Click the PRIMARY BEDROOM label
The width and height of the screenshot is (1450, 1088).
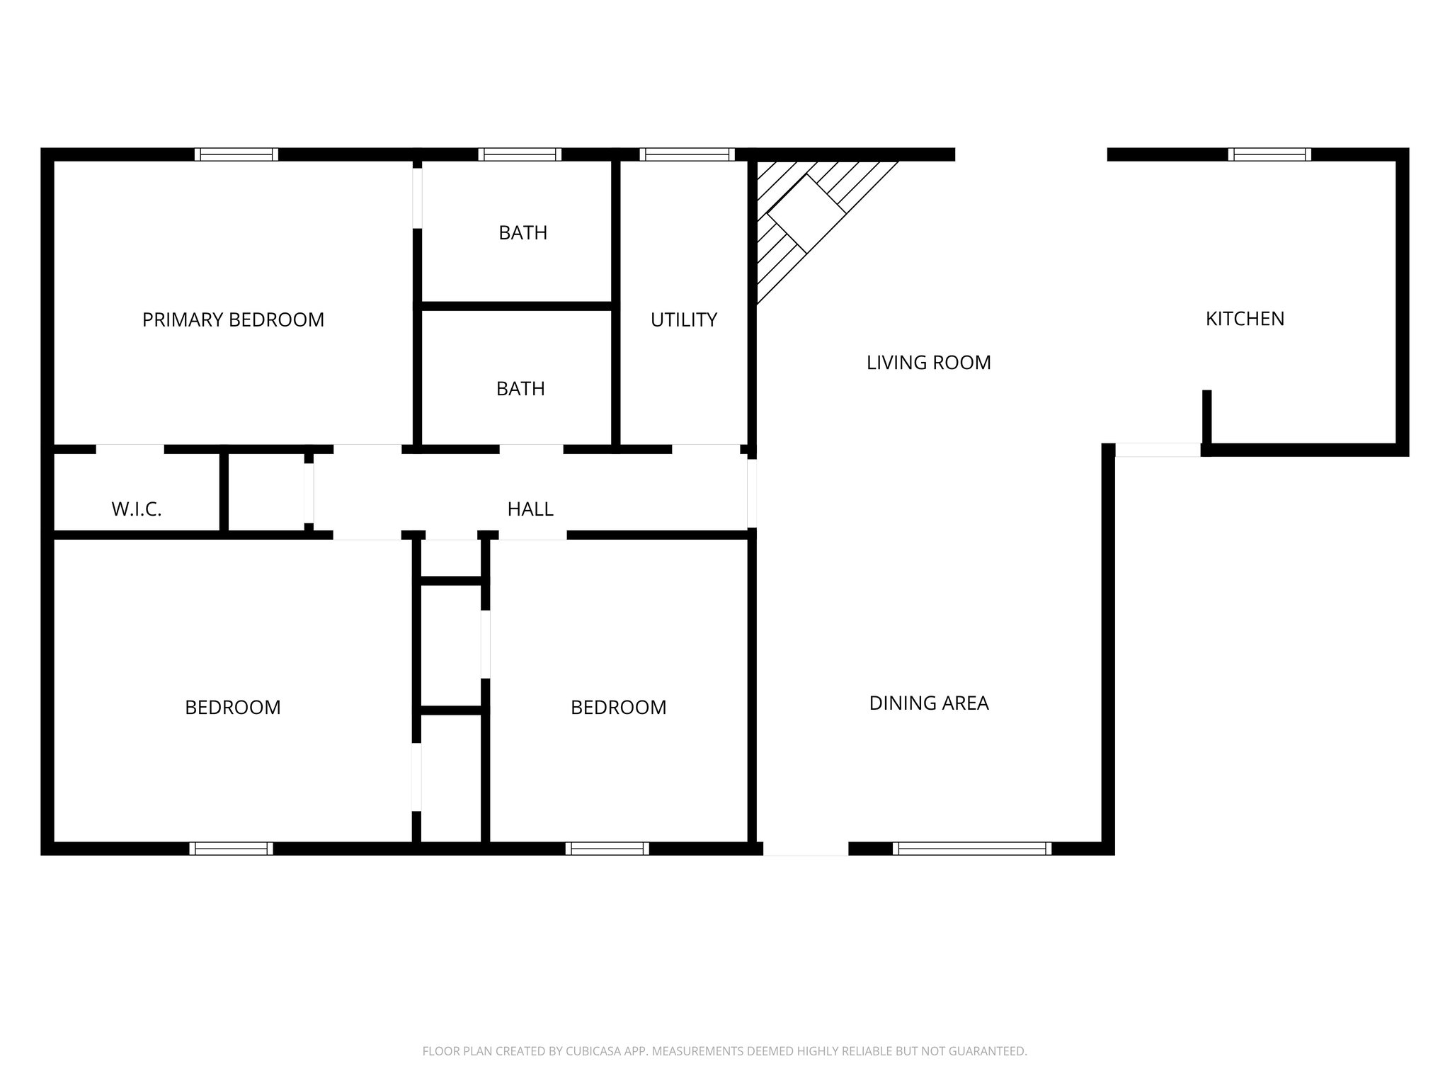[x=233, y=320]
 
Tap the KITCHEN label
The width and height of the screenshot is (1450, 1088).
[x=1245, y=319]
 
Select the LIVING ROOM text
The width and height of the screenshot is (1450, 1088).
[x=928, y=363]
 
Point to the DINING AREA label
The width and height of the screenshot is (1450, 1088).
[x=928, y=703]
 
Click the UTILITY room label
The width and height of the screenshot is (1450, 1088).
[x=683, y=320]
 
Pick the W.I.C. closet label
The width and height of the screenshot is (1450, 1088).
[x=137, y=509]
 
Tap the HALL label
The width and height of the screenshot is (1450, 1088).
[x=530, y=509]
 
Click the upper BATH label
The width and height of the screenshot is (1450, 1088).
[x=523, y=233]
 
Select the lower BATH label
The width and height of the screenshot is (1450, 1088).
[x=520, y=389]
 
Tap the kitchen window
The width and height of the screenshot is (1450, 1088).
[x=1269, y=154]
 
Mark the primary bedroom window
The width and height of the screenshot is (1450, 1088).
[x=236, y=154]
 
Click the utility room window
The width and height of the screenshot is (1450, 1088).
[x=687, y=154]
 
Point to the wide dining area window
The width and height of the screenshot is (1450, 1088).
[x=972, y=849]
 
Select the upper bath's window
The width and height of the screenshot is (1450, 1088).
[x=520, y=154]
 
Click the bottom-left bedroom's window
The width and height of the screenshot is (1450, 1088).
[x=231, y=849]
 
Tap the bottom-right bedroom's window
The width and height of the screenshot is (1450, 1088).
[x=607, y=849]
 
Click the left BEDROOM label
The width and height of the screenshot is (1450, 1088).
[x=232, y=708]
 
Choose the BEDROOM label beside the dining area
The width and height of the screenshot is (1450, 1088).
[x=618, y=708]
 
